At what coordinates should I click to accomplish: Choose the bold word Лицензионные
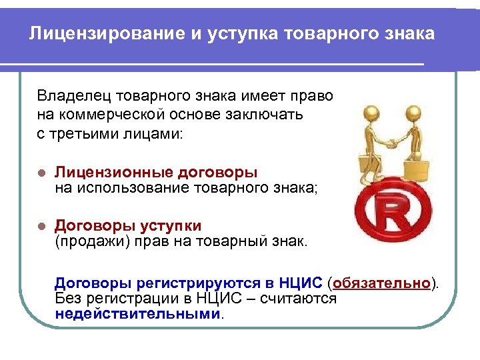(109, 172)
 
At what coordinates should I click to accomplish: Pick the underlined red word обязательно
(382, 283)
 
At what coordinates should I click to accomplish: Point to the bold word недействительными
(137, 313)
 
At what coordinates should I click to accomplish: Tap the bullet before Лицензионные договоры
(41, 173)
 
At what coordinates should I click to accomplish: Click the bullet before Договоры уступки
(41, 227)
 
